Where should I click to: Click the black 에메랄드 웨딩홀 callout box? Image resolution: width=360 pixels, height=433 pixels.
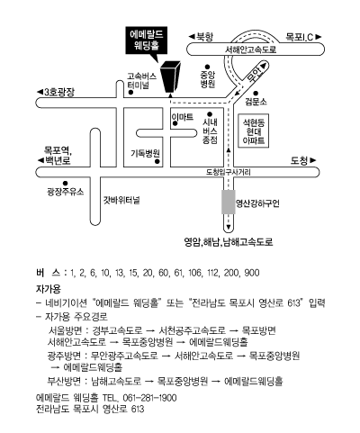(146, 41)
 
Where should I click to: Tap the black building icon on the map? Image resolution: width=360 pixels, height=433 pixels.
(170, 77)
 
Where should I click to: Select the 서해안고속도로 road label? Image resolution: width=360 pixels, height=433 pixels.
(251, 50)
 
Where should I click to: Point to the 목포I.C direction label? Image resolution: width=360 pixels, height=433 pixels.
(303, 37)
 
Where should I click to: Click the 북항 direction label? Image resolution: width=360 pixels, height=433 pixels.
(201, 37)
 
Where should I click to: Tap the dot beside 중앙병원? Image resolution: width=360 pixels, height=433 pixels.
(207, 67)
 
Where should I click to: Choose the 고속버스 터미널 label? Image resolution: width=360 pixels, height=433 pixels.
(142, 80)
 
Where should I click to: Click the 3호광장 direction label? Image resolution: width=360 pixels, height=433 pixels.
(56, 92)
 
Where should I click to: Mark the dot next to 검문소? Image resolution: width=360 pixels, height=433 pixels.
(256, 94)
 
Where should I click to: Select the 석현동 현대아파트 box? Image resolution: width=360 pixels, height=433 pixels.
(254, 131)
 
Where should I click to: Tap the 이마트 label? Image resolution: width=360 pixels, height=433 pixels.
(183, 117)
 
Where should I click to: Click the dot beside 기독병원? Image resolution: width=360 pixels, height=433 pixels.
(157, 162)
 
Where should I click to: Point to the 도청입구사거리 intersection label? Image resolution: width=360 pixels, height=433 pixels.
(229, 172)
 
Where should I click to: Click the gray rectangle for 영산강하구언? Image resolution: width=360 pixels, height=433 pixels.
(229, 202)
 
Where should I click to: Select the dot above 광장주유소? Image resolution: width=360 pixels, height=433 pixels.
(65, 184)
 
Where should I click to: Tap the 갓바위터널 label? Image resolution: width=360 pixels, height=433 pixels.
(121, 200)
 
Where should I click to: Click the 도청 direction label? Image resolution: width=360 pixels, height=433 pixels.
(303, 161)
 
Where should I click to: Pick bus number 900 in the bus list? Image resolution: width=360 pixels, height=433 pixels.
(252, 273)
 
